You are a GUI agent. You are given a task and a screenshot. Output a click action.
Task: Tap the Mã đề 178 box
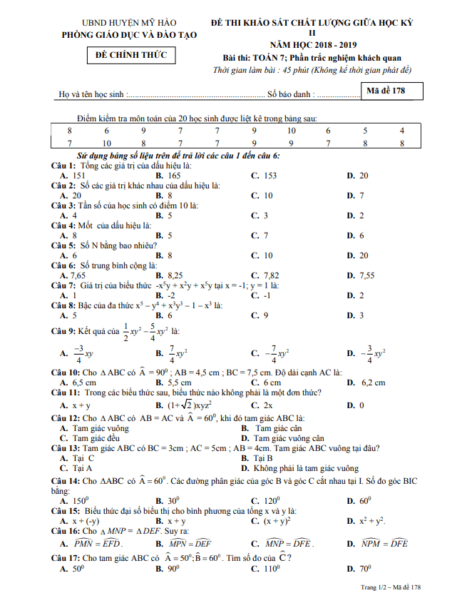(x=391, y=91)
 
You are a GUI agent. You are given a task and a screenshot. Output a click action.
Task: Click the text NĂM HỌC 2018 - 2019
(x=311, y=44)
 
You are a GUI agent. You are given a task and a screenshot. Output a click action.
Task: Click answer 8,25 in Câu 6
(x=175, y=275)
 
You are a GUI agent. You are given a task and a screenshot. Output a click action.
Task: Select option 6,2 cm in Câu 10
(x=373, y=382)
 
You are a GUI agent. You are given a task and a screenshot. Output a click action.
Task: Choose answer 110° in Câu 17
(x=271, y=569)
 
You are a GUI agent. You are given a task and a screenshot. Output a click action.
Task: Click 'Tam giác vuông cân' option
(x=288, y=438)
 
